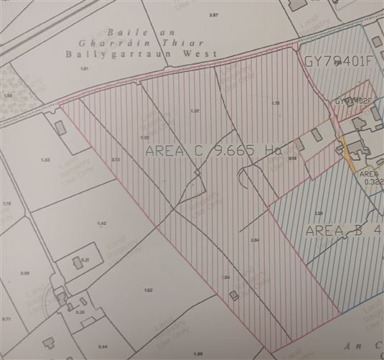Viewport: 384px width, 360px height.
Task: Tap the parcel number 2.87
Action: click(212, 15)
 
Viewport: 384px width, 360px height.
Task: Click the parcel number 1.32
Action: click(46, 160)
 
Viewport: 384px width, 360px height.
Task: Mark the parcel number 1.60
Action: click(149, 290)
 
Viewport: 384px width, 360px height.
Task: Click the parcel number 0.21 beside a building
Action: click(85, 259)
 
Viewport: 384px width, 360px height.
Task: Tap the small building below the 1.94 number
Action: click(231, 296)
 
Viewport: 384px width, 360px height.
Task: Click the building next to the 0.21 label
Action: click(73, 264)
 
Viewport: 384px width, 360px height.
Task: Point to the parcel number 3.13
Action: click(116, 160)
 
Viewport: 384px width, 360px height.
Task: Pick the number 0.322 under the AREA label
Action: click(374, 183)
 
